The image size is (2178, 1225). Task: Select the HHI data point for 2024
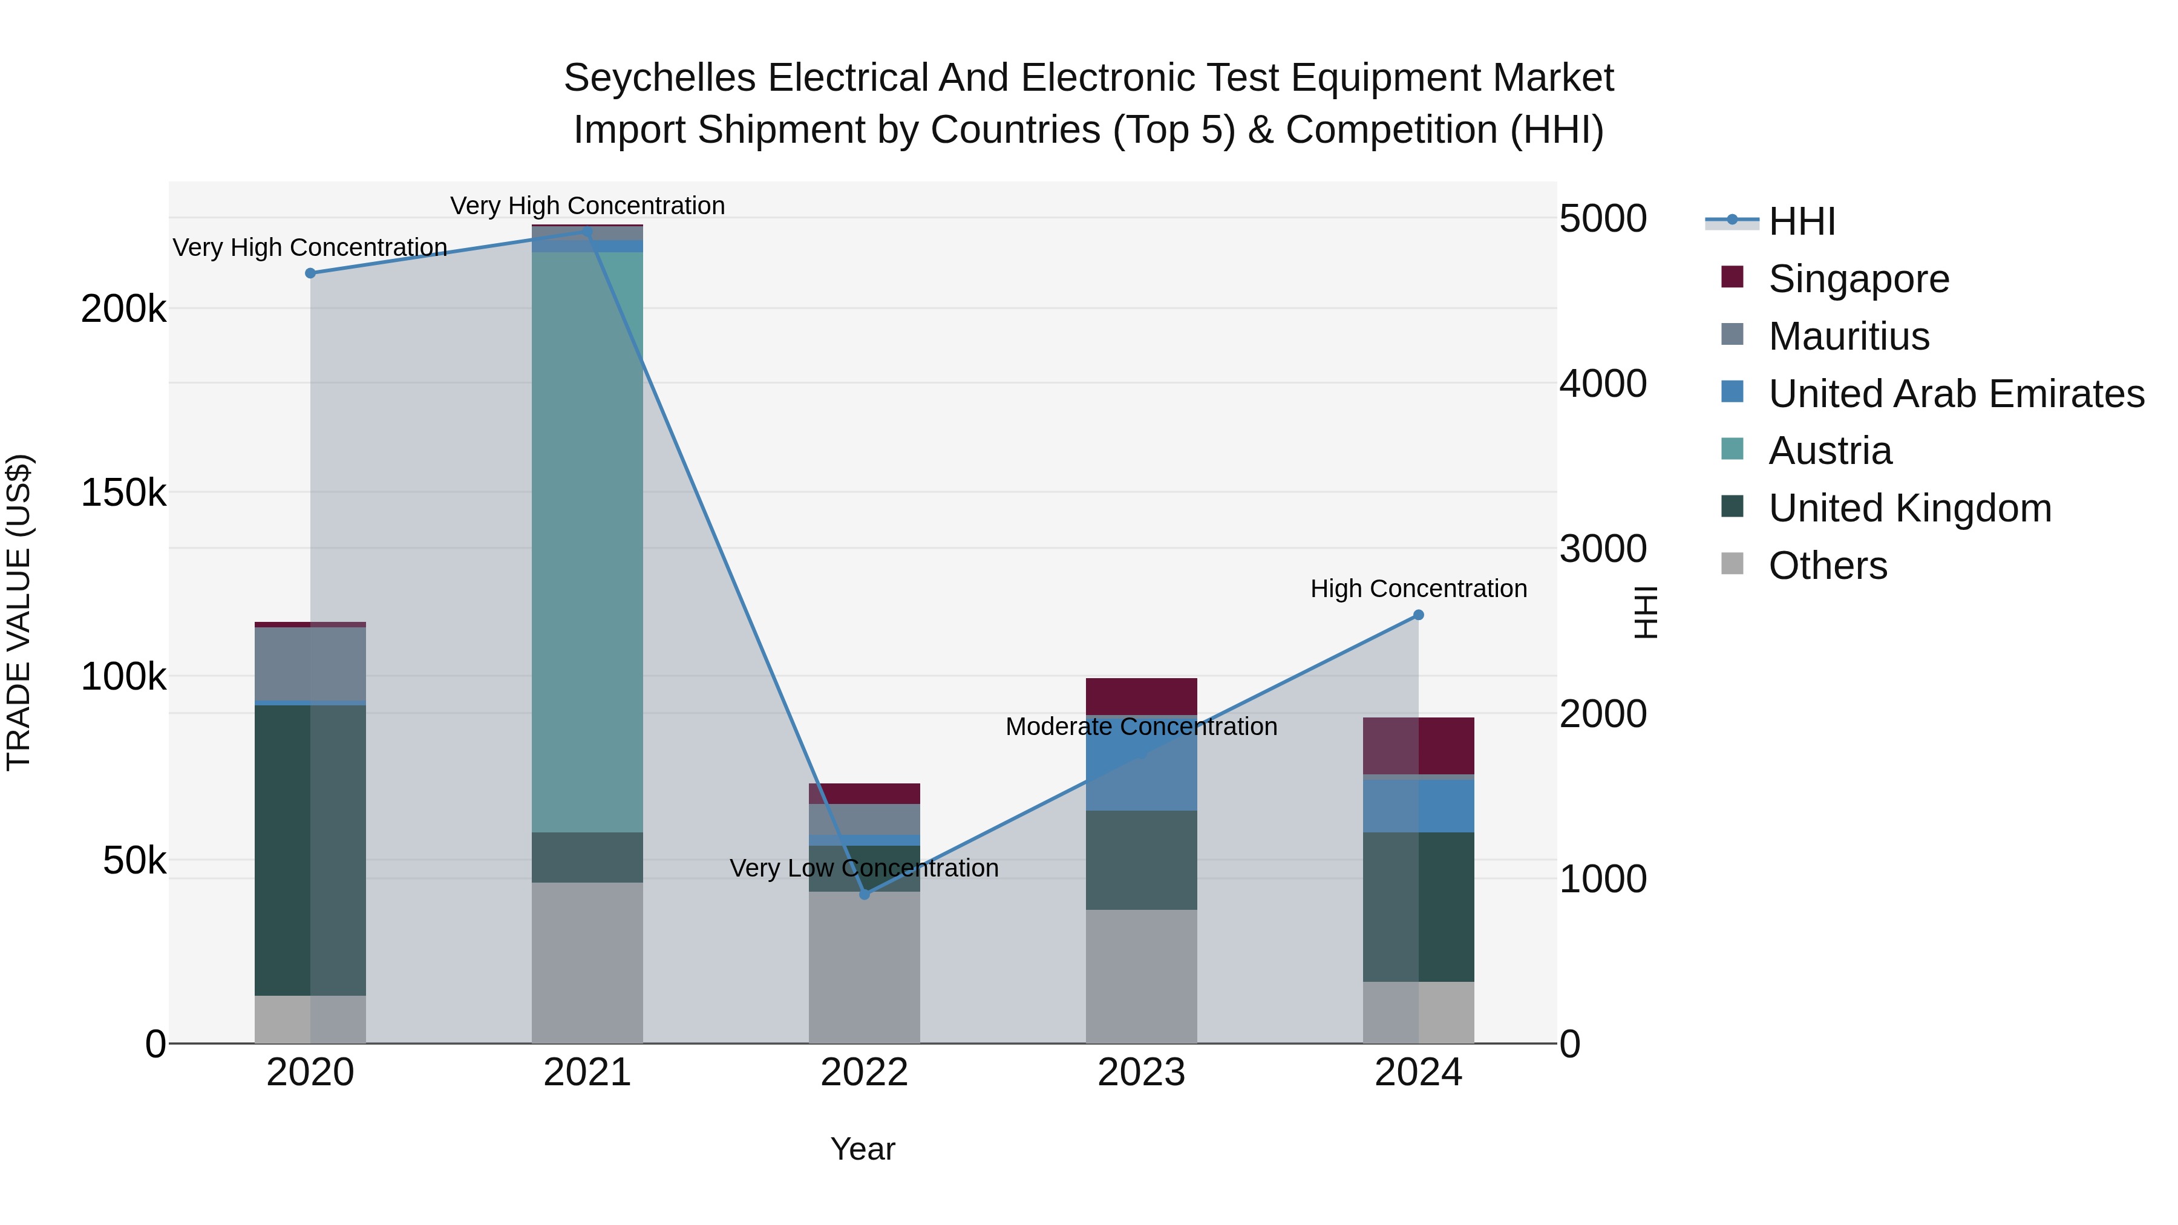point(1418,615)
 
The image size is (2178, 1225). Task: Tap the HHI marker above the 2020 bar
point(310,273)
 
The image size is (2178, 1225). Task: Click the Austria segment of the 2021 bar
point(587,541)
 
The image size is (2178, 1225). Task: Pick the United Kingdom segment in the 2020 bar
point(310,850)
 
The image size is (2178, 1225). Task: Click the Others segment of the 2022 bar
point(864,967)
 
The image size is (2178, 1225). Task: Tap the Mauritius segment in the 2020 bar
point(310,664)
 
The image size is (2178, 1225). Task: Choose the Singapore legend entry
point(1859,279)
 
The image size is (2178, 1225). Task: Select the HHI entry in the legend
point(1802,221)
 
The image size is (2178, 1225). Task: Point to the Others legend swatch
point(1732,564)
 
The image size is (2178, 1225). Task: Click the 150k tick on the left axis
point(123,492)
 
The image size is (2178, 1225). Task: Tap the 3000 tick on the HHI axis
point(1602,549)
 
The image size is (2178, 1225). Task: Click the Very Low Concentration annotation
point(864,868)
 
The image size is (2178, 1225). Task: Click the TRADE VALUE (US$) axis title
point(19,612)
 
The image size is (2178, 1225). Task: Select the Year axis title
point(862,1149)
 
